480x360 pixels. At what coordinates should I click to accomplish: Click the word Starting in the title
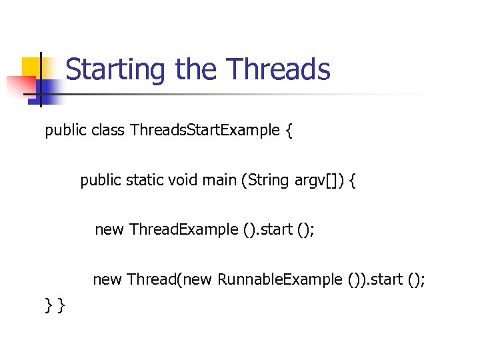point(116,70)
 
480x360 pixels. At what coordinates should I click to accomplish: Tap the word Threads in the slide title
point(278,69)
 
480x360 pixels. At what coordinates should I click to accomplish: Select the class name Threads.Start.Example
point(205,130)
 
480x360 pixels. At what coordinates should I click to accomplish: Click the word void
point(185,180)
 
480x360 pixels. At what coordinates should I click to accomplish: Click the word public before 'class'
point(65,130)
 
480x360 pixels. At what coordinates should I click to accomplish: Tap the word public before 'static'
point(101,180)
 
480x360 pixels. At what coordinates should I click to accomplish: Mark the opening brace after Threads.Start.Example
point(288,131)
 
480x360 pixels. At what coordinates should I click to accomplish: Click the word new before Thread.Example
point(109,230)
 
